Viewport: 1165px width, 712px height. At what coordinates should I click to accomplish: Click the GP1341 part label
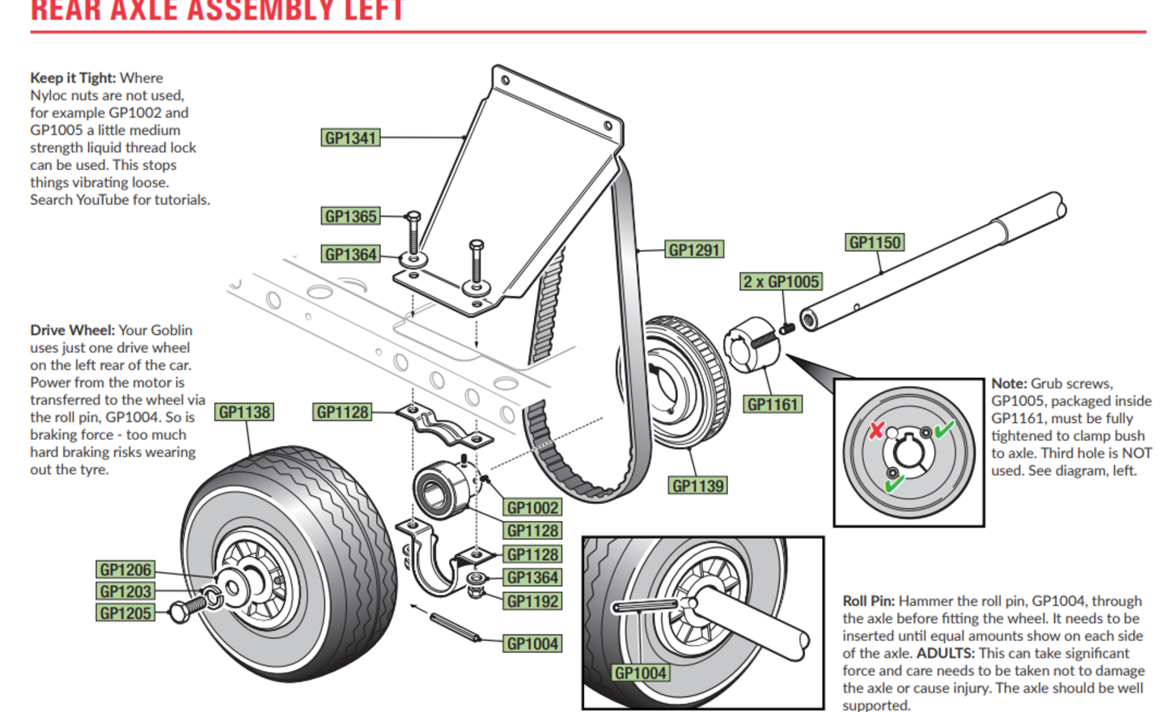(350, 138)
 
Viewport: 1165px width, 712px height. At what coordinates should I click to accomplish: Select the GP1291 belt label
(694, 250)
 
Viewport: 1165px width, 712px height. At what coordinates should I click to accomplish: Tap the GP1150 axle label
(875, 243)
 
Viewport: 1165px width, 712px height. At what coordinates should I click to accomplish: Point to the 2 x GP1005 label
(782, 282)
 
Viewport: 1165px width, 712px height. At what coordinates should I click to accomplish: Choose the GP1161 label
(773, 405)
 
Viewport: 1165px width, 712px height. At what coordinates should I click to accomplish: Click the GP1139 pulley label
(698, 485)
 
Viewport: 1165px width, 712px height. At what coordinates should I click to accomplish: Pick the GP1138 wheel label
(244, 413)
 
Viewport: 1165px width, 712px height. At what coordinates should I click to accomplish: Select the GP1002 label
(532, 508)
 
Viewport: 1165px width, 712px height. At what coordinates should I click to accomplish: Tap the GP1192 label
(532, 601)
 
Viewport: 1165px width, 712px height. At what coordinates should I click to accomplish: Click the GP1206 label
(125, 570)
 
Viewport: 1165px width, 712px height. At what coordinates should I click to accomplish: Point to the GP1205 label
(125, 613)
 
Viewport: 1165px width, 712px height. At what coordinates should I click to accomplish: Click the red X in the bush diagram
(876, 430)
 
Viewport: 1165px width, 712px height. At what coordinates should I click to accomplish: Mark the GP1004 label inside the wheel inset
(641, 673)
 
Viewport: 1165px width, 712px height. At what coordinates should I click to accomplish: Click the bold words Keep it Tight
(73, 78)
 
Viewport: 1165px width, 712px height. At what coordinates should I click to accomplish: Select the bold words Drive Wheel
(72, 330)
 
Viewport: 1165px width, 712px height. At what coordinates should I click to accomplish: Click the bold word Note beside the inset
(1009, 384)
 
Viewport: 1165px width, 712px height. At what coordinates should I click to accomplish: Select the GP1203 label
(125, 591)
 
